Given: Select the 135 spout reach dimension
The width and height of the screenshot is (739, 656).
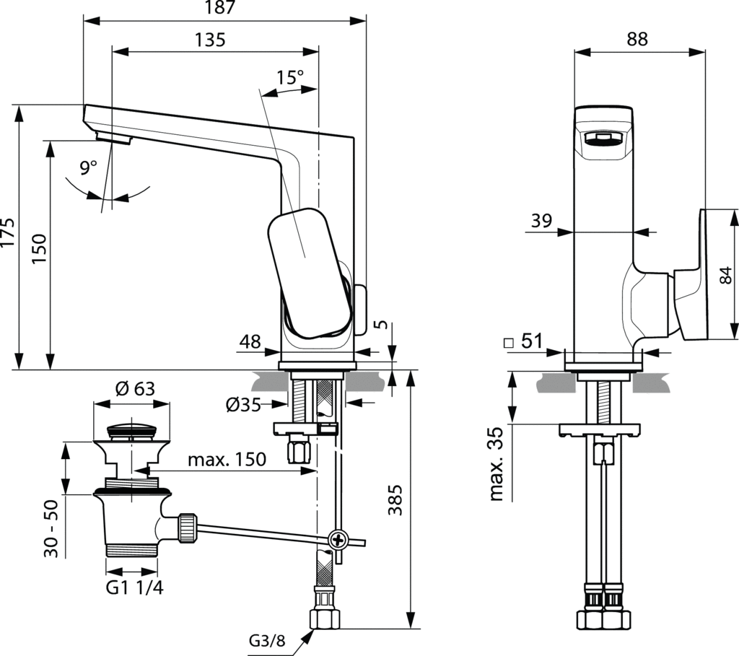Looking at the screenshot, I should (209, 40).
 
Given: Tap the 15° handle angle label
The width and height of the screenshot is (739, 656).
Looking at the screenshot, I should (290, 77).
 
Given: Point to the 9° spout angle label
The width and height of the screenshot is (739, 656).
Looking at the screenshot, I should (88, 168).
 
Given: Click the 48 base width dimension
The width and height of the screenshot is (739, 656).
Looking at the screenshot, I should (251, 341).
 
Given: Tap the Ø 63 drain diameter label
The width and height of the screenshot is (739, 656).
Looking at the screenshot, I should (135, 389).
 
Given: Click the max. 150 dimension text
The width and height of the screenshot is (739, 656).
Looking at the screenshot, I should (227, 459).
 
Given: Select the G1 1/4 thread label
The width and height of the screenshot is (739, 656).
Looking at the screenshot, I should (135, 587).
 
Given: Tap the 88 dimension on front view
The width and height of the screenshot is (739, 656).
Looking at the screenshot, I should (637, 40).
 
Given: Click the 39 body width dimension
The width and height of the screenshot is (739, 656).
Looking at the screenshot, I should (541, 222).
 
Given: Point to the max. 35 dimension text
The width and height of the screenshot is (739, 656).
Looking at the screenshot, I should (497, 463).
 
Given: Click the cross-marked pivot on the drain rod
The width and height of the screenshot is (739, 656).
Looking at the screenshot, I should (337, 538).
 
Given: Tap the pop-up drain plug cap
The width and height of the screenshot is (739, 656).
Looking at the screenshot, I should (131, 431).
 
